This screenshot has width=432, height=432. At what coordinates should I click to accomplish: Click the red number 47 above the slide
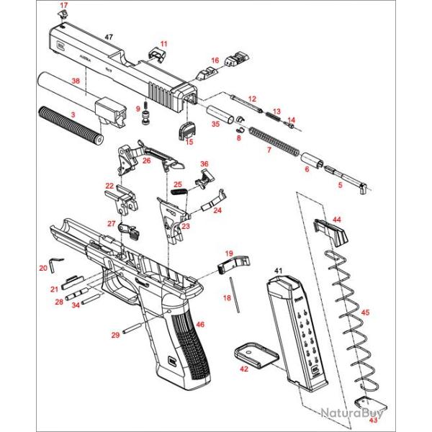tap(109, 36)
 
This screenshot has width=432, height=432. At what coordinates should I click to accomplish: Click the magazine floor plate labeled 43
tap(369, 405)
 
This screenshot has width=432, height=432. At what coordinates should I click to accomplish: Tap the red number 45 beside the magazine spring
tap(365, 312)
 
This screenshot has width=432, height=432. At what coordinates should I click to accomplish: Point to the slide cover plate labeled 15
tap(184, 132)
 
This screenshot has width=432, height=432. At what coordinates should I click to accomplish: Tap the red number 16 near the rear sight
tap(215, 60)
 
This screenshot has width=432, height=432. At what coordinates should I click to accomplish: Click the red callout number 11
tap(163, 44)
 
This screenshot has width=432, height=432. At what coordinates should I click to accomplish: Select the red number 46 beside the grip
tap(201, 325)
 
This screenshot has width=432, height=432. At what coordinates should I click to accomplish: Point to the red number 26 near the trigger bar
tap(146, 161)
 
